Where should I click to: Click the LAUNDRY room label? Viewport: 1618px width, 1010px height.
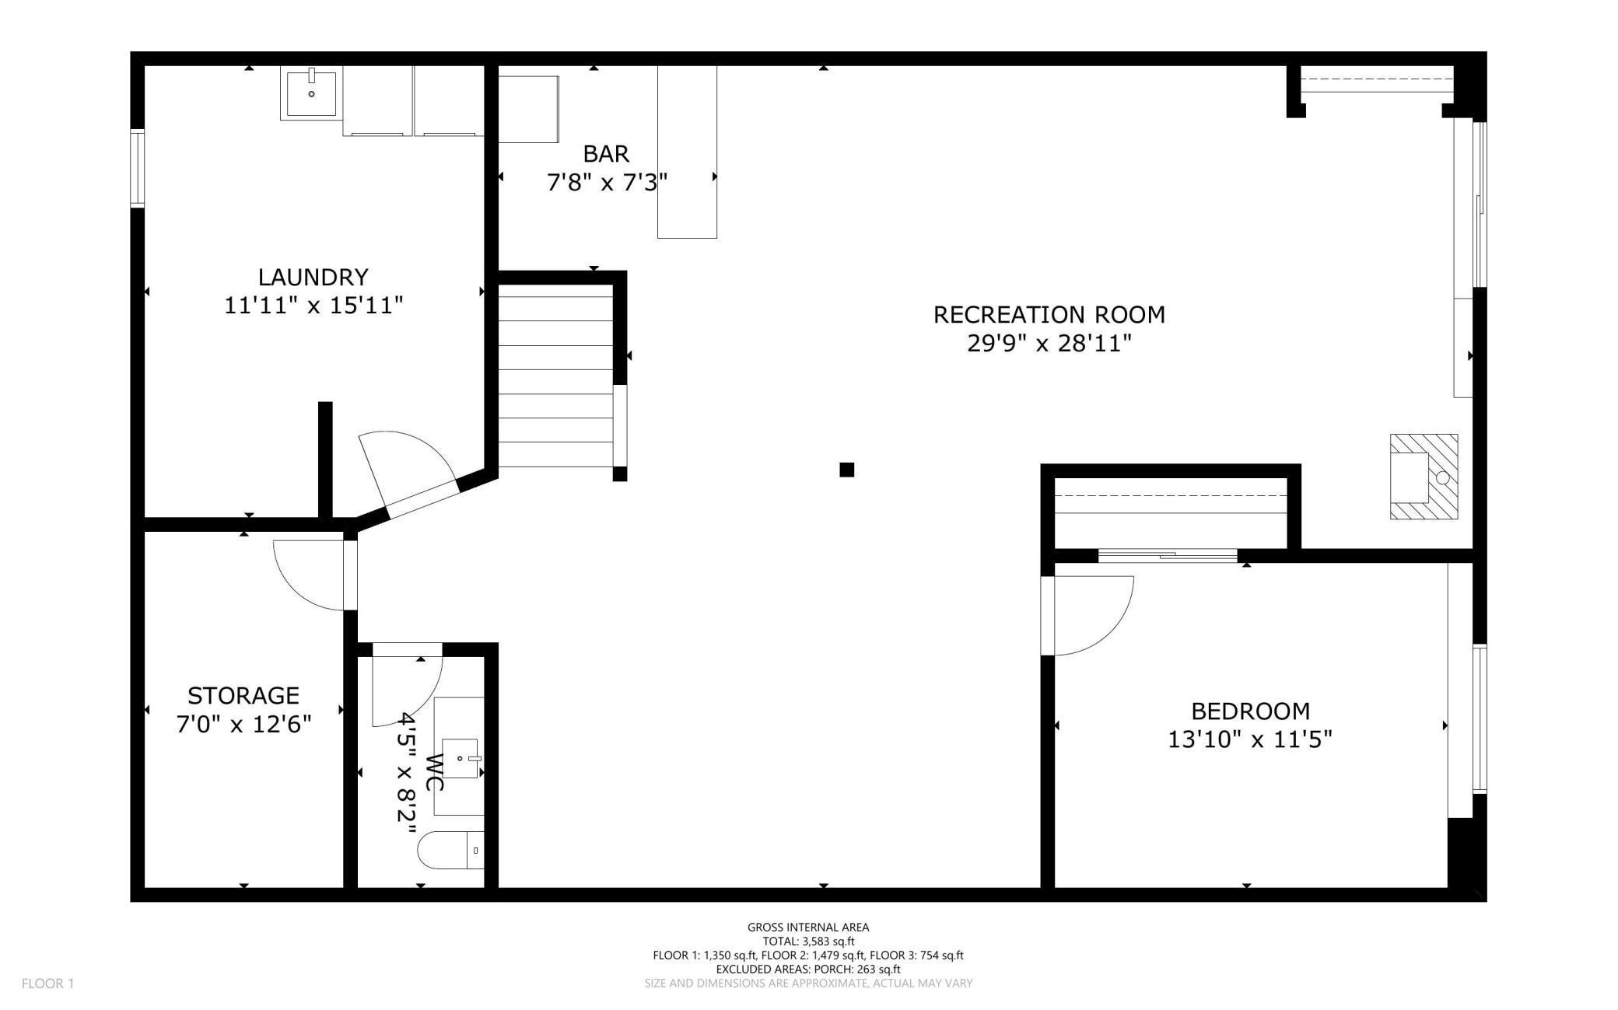[x=313, y=277]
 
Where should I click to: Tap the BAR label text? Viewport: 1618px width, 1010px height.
[x=606, y=154]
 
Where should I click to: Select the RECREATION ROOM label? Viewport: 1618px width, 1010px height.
[x=1049, y=314]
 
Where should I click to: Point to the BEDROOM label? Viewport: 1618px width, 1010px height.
[x=1250, y=711]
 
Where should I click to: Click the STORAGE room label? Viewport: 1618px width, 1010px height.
[x=243, y=695]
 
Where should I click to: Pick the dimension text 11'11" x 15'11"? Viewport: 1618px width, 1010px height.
[x=313, y=306]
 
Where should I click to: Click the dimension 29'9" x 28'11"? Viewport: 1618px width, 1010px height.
[x=1049, y=343]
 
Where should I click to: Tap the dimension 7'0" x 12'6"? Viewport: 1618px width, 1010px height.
[x=243, y=725]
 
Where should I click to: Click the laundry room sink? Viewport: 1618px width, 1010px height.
[x=311, y=93]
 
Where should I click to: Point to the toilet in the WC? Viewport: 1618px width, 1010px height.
[x=451, y=850]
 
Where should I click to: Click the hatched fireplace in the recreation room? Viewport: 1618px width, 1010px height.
[x=1424, y=477]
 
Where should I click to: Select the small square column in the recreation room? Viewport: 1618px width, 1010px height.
[x=847, y=470]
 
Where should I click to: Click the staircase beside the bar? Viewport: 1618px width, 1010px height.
[x=555, y=376]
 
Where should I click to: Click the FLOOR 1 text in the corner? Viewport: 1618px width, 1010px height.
[x=47, y=984]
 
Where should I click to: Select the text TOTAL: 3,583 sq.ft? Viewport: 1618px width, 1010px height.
[x=808, y=942]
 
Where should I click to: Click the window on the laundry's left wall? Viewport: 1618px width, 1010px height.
[x=138, y=168]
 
